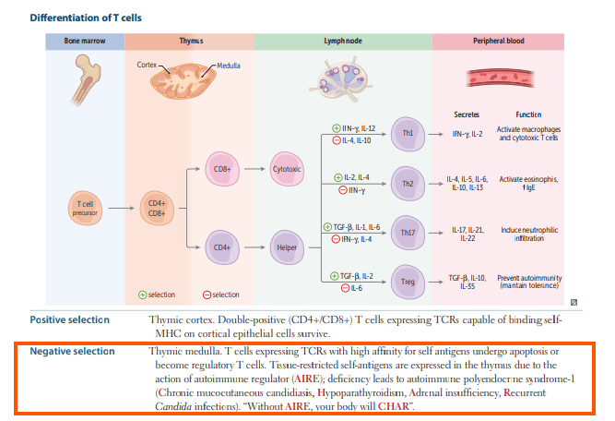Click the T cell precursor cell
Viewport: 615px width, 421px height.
[85, 208]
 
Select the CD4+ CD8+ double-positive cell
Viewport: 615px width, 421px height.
[157, 208]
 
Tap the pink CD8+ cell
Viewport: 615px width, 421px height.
[222, 169]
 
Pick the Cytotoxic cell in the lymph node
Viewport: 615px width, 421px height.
[287, 169]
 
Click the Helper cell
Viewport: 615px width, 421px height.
[287, 247]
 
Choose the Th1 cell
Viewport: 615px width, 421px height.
[408, 134]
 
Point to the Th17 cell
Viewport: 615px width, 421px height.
[408, 233]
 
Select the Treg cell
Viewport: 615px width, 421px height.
[408, 282]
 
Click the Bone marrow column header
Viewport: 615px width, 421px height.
[85, 41]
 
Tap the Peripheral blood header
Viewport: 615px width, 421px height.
[499, 41]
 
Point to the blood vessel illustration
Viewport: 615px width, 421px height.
[500, 78]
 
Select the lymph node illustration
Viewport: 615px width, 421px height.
[341, 78]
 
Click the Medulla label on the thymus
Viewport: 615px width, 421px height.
[229, 66]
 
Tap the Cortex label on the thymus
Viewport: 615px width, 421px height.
[147, 65]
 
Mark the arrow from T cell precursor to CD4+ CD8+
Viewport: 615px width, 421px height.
[121, 208]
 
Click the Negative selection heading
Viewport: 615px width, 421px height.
[73, 351]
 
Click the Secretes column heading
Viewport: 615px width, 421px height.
[467, 114]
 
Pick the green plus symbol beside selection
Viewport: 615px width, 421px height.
[143, 295]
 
